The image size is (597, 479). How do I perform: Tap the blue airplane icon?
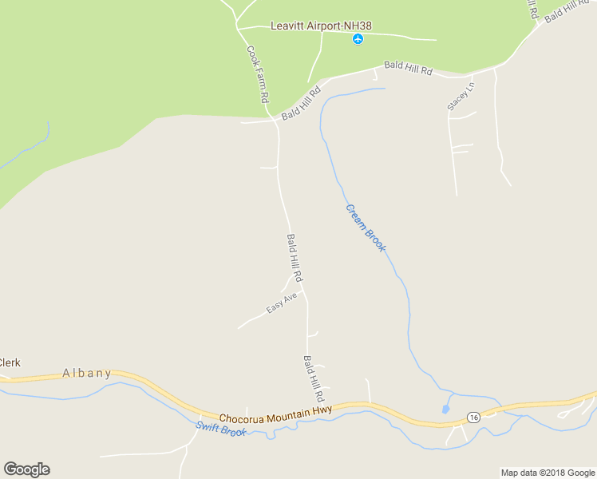click(x=358, y=39)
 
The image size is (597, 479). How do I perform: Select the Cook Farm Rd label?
click(x=256, y=74)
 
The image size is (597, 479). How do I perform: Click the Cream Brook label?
click(x=366, y=228)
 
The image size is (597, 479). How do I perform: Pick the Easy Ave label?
click(x=282, y=303)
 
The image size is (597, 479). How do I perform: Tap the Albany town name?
click(x=87, y=373)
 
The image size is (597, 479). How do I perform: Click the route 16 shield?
click(x=472, y=418)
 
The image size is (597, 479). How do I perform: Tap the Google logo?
click(x=26, y=469)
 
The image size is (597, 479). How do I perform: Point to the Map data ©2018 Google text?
click(x=548, y=473)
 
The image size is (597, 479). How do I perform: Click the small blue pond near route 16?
click(x=445, y=410)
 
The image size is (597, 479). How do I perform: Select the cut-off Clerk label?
click(x=10, y=362)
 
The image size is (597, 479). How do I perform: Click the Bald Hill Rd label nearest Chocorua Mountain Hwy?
click(x=313, y=378)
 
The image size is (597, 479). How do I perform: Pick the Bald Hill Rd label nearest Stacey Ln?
click(x=407, y=69)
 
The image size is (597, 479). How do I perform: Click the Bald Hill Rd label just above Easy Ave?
click(x=295, y=258)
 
